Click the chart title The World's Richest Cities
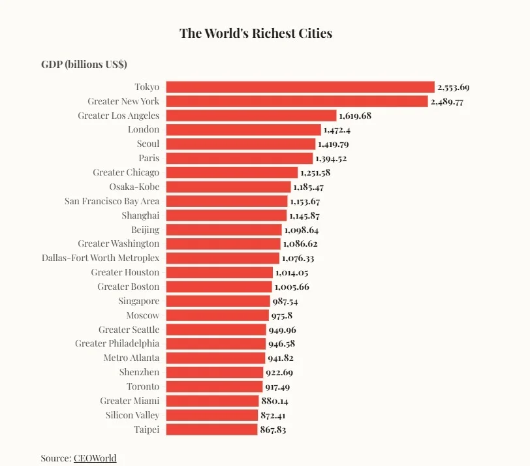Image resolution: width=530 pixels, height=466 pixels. click(x=256, y=33)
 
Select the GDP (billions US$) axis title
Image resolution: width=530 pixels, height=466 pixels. click(x=84, y=65)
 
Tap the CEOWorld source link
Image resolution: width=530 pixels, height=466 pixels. click(x=95, y=458)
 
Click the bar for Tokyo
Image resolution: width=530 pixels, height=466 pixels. click(x=300, y=87)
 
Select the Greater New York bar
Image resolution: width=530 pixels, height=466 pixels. click(x=297, y=101)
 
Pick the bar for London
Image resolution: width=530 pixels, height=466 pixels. click(x=243, y=130)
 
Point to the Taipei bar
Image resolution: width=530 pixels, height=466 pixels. click(x=212, y=429)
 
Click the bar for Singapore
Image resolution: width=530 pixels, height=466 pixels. click(x=218, y=301)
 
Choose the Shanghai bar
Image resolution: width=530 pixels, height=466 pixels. click(x=226, y=215)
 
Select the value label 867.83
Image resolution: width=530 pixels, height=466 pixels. click(x=273, y=430)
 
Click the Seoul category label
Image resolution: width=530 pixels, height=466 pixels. click(x=148, y=144)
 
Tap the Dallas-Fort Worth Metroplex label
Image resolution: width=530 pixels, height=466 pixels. click(x=101, y=258)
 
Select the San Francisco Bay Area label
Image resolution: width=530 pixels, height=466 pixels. click(x=112, y=201)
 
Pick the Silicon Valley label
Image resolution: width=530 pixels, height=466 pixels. click(x=132, y=415)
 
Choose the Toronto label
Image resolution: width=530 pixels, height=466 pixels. click(x=143, y=386)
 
